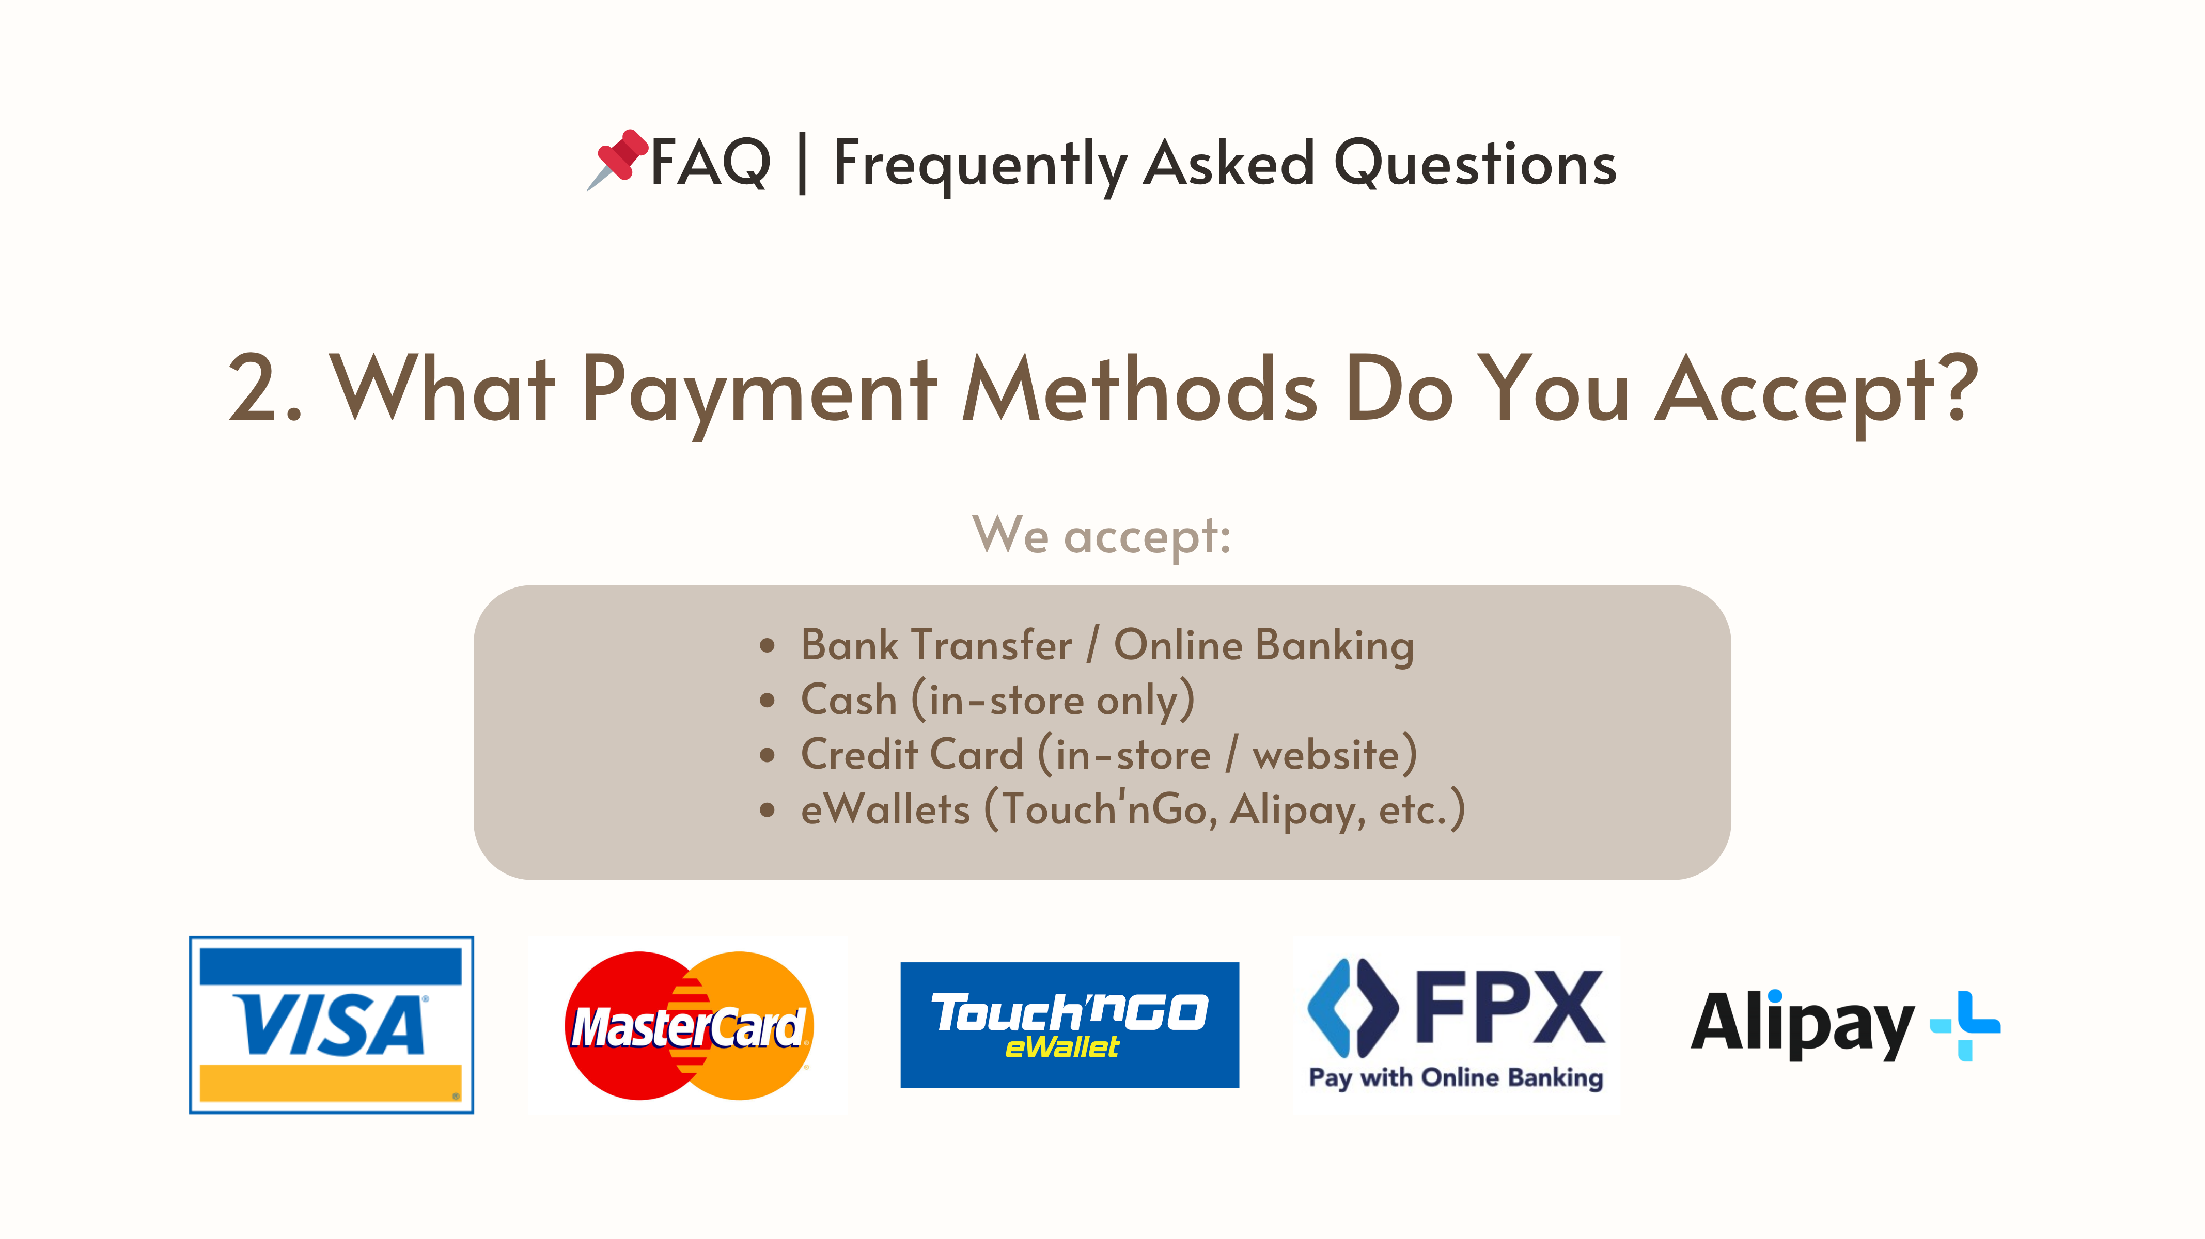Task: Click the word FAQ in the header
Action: coord(710,163)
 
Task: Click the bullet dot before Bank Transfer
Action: coord(767,646)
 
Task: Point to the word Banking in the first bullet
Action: coord(1335,646)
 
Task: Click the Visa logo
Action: coord(331,1024)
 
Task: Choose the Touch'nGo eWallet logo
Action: coord(1069,1024)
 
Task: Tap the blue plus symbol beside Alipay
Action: coord(1965,1025)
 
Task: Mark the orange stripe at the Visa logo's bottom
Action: coord(331,1083)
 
